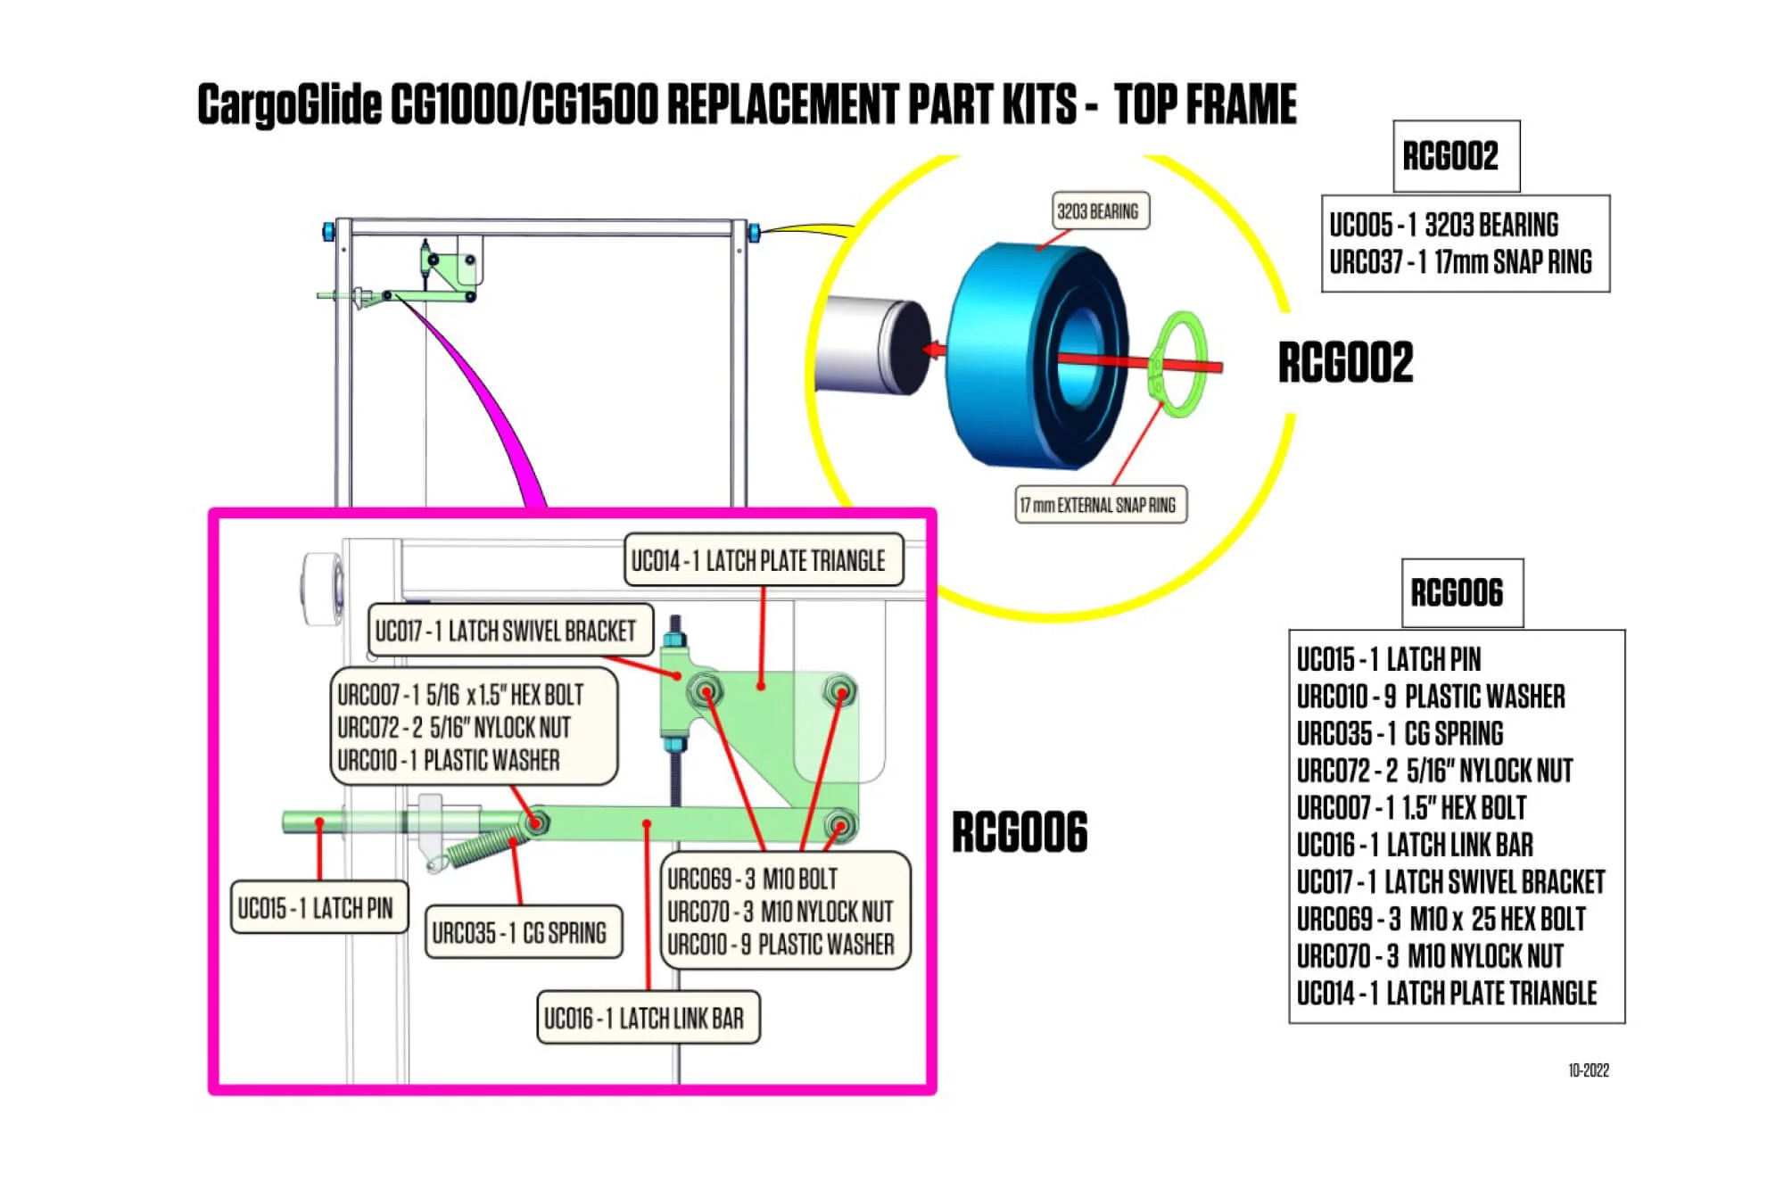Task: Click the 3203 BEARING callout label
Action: (x=1098, y=211)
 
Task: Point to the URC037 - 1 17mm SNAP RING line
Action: (x=1460, y=262)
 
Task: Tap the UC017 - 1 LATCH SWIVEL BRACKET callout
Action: (x=506, y=632)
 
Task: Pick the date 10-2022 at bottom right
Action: (x=1588, y=1070)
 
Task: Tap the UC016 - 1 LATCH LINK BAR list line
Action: (x=1415, y=845)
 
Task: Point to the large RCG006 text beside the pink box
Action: (x=1020, y=832)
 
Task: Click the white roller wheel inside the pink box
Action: (x=322, y=589)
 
